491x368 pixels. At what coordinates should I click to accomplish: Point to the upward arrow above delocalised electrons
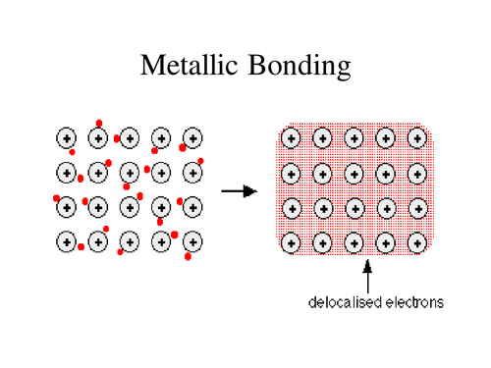point(368,275)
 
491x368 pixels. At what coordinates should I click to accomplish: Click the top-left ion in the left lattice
point(67,139)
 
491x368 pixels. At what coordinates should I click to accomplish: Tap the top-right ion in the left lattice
point(192,139)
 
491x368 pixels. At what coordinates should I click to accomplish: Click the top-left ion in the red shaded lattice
point(291,141)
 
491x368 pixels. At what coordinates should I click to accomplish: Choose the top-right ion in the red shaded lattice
point(416,141)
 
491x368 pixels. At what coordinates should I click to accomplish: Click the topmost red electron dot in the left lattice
point(99,124)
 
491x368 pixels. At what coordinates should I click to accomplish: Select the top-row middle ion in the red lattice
point(354,141)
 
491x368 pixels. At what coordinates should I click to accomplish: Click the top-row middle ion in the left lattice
point(130,139)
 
